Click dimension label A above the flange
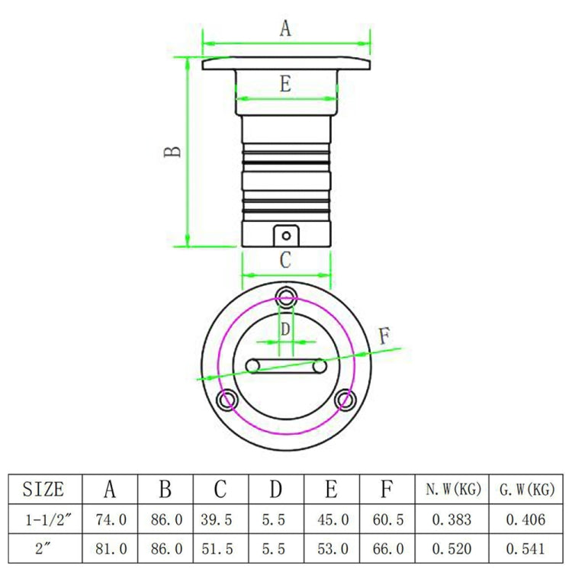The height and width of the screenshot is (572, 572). (285, 29)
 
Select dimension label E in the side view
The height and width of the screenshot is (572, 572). (285, 85)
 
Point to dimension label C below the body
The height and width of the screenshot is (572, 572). (285, 260)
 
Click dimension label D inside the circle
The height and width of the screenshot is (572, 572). (285, 330)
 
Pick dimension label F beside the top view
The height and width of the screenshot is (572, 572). (386, 335)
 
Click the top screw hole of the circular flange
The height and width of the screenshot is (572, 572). (286, 295)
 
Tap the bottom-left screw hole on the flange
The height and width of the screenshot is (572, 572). (225, 400)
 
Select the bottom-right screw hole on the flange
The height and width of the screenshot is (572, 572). (346, 400)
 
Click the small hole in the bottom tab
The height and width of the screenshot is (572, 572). (286, 236)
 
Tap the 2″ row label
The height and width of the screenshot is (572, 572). (44, 548)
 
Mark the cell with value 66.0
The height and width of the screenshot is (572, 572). (387, 548)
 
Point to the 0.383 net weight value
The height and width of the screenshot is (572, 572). (453, 520)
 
